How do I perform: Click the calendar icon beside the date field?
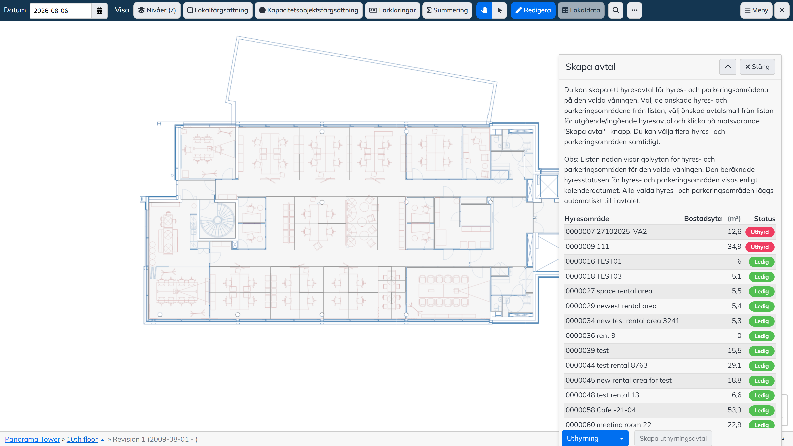99,11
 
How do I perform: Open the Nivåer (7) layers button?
157,10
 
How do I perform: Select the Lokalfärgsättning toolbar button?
218,10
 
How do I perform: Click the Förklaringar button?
393,10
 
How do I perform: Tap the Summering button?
447,10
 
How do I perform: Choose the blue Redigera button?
533,10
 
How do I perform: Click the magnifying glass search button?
616,10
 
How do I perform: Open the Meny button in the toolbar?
756,10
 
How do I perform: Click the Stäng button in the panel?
757,67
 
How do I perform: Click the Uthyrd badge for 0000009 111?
760,247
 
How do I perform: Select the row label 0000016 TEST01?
594,261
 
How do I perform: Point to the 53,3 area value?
735,410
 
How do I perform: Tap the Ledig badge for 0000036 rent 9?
761,336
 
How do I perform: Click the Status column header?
765,219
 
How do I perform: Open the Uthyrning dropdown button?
595,438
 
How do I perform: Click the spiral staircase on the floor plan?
217,220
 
